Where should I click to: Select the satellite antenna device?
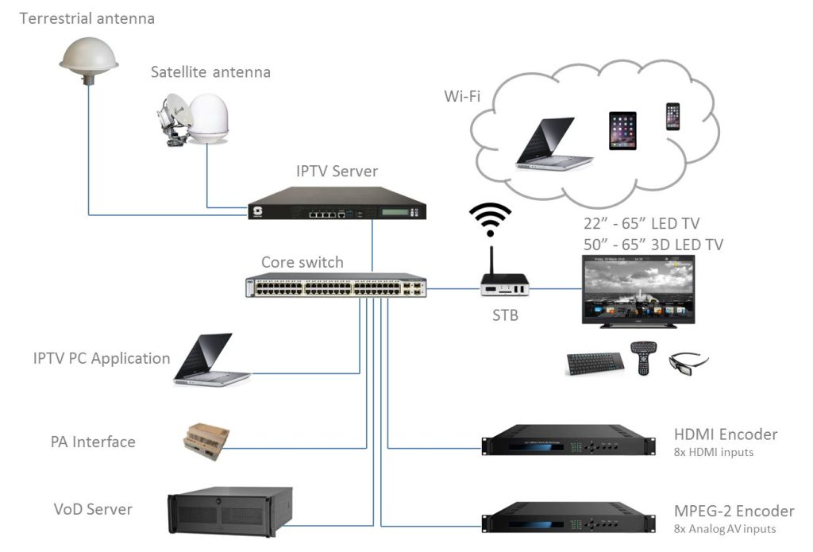191,119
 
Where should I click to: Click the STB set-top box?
504,287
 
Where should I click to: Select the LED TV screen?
638,287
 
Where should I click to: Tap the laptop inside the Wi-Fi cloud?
549,142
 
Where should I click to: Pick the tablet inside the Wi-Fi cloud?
622,130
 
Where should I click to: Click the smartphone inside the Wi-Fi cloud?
672,117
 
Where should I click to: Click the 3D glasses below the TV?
688,364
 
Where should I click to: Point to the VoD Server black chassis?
229,511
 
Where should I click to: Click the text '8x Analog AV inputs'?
724,529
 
